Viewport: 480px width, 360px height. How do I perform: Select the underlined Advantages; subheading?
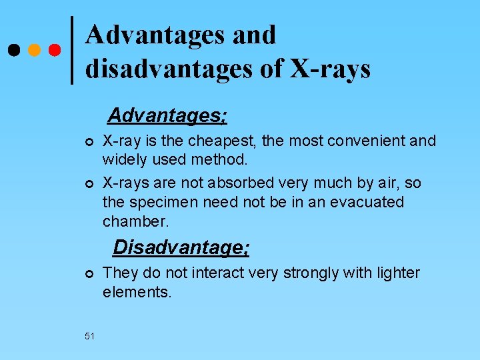[167, 116]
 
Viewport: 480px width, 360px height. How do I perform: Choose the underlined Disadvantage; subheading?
[181, 247]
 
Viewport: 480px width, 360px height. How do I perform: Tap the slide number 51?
[89, 336]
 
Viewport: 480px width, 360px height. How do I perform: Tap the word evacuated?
[364, 202]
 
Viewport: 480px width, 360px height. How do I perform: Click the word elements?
[137, 292]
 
